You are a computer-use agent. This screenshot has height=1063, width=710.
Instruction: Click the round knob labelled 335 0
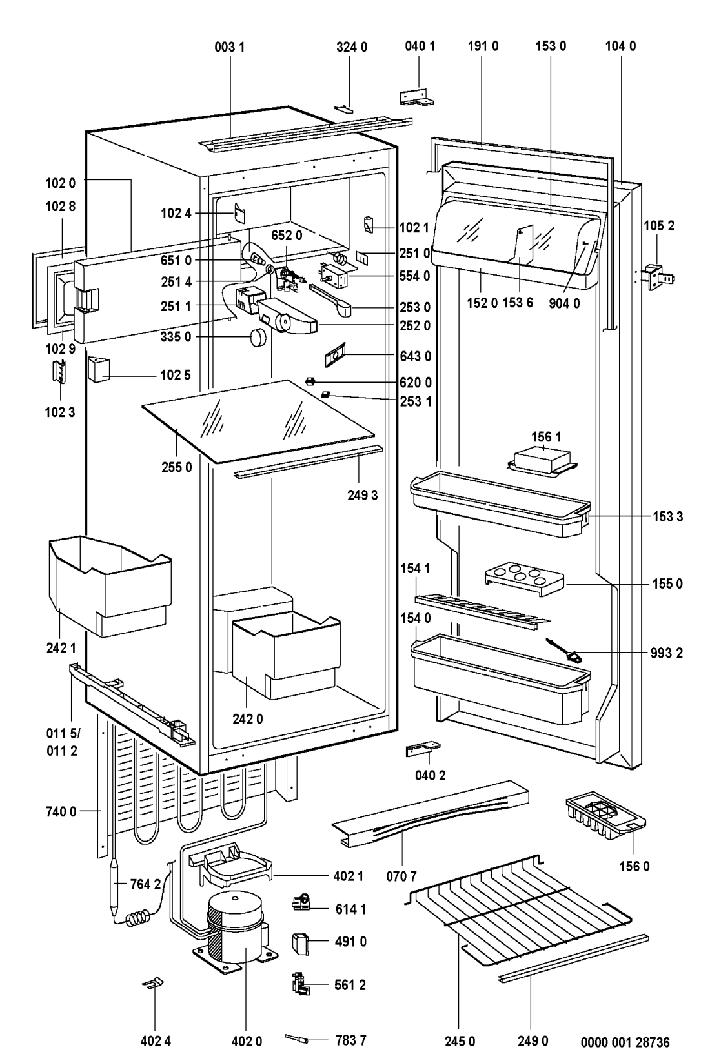click(x=259, y=337)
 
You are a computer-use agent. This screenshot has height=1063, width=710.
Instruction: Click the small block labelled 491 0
click(x=300, y=942)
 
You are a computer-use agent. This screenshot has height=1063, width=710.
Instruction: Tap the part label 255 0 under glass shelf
click(x=177, y=467)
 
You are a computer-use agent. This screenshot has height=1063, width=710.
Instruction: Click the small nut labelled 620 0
click(x=310, y=381)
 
